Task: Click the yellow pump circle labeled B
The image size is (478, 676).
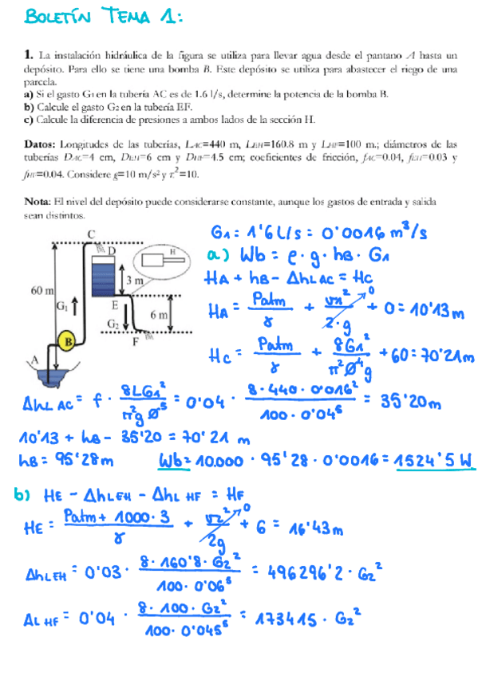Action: click(69, 342)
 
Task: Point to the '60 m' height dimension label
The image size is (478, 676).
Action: click(42, 291)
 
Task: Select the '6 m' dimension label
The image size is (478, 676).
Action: click(159, 315)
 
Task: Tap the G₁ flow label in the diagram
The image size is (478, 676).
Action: click(63, 305)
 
